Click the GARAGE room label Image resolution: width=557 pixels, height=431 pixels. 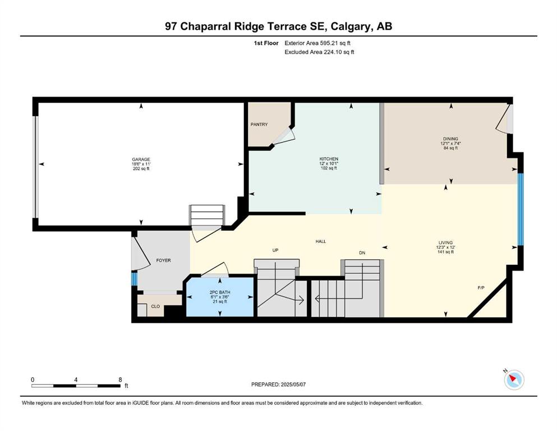[141, 159]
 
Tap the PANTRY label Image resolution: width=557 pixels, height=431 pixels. [259, 125]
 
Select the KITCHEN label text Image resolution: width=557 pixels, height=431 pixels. [329, 159]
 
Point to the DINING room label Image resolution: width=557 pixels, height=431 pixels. [450, 139]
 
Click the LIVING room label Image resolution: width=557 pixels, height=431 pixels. [445, 242]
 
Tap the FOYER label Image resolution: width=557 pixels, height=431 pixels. [163, 260]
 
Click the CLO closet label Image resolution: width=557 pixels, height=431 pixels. [155, 306]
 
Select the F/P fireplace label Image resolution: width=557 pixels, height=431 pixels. [481, 288]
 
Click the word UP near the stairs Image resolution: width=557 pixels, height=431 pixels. [275, 250]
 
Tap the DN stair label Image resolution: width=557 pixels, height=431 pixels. [362, 253]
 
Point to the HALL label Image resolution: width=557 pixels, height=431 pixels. [321, 241]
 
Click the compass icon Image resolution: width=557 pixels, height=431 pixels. [514, 380]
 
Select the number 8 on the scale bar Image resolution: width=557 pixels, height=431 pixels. [120, 379]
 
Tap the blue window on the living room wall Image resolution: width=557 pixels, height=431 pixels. [521, 209]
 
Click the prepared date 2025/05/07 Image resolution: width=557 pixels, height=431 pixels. [293, 384]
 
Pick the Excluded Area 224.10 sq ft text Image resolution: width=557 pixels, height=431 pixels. [319, 52]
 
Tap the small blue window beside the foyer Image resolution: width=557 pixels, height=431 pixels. [134, 279]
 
